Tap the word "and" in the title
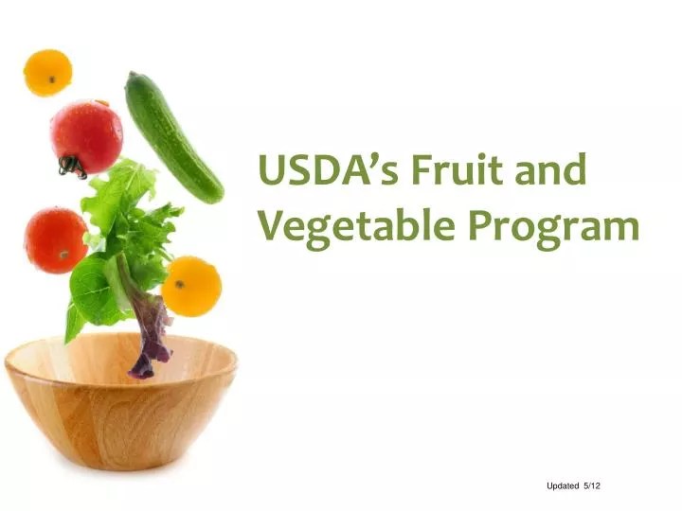[x=554, y=173]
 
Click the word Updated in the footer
[x=563, y=485]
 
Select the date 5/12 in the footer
[x=593, y=485]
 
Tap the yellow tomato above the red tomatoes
[x=47, y=72]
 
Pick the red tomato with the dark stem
[x=88, y=137]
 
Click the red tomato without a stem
[x=55, y=239]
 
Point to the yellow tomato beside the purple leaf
[x=191, y=285]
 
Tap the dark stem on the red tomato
[x=71, y=167]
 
